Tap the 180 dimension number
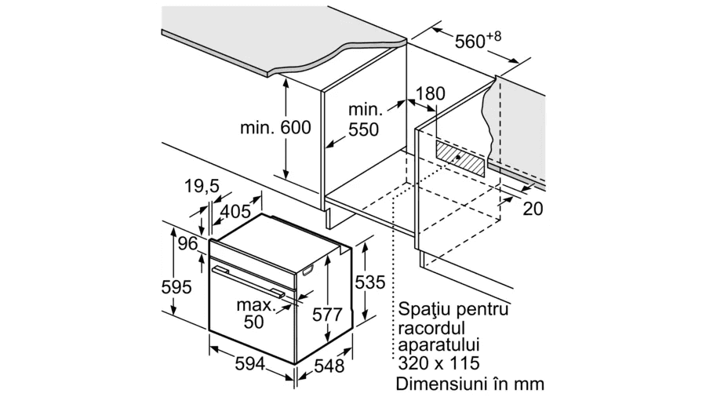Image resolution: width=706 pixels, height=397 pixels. [430, 93]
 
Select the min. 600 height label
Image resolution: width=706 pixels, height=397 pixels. [275, 127]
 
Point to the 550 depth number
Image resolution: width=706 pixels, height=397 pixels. [363, 129]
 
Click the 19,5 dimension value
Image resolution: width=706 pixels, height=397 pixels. [202, 186]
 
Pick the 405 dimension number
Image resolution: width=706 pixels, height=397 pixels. [235, 211]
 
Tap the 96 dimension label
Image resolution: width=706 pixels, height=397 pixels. [187, 243]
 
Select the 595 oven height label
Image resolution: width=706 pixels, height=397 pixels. [176, 286]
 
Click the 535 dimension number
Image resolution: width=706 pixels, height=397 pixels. [370, 282]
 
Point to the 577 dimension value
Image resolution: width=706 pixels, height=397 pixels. [328, 315]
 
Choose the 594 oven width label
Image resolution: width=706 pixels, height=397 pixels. [250, 364]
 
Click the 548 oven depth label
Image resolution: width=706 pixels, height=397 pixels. [329, 366]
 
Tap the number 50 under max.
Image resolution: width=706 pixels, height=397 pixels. [253, 322]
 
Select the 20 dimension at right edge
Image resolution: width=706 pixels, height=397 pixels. [533, 209]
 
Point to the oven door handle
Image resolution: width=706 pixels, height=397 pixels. [248, 282]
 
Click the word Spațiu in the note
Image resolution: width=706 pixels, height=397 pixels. [424, 310]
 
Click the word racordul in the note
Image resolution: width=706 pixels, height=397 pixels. [431, 328]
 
